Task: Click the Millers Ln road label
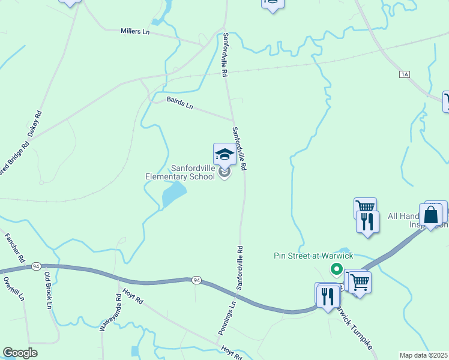(134, 31)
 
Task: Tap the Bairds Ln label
(180, 103)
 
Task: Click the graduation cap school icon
(224, 154)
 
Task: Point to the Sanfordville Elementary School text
(180, 172)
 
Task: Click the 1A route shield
(405, 74)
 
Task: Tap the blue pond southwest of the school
(173, 194)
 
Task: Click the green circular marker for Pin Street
(337, 269)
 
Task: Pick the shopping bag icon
(430, 215)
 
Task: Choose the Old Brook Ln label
(48, 290)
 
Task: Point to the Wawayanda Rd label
(110, 312)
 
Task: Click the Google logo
(20, 353)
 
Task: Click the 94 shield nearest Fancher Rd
(37, 266)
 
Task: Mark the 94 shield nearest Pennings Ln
(196, 280)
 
